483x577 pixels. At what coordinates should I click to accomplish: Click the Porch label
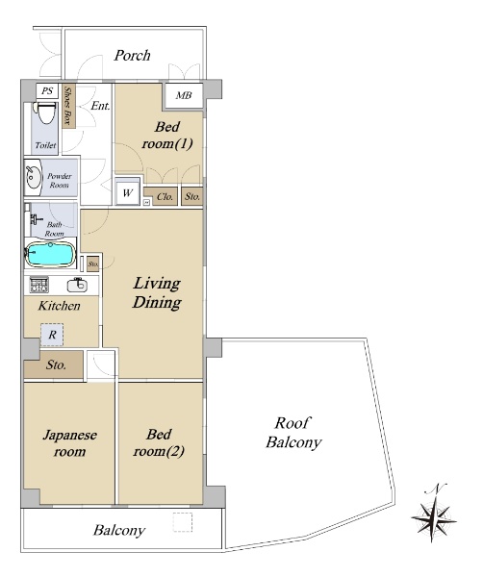(x=132, y=55)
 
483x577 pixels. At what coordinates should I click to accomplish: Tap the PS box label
(x=47, y=90)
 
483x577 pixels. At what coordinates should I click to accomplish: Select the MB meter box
(x=184, y=95)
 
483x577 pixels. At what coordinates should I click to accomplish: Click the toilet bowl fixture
(x=45, y=113)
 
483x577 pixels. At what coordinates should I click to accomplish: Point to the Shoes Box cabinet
(x=69, y=106)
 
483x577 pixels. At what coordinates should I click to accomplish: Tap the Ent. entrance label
(x=100, y=106)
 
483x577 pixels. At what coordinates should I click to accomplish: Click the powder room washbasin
(x=34, y=177)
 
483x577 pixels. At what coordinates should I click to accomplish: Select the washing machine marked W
(x=127, y=192)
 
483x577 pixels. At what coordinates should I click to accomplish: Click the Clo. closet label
(x=165, y=197)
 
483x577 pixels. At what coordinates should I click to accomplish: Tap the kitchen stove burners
(x=39, y=285)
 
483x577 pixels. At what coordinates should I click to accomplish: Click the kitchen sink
(x=77, y=286)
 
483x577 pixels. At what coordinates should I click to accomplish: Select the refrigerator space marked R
(x=52, y=335)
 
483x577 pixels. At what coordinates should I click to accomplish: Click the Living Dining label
(x=157, y=293)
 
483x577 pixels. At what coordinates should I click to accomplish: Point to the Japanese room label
(x=70, y=442)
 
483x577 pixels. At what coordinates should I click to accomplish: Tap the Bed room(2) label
(x=159, y=442)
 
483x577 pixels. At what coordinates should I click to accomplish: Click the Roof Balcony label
(x=293, y=433)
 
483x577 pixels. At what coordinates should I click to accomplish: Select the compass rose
(x=434, y=518)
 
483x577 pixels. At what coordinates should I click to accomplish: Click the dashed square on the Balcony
(x=183, y=522)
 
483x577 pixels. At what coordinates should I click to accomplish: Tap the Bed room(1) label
(x=167, y=136)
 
